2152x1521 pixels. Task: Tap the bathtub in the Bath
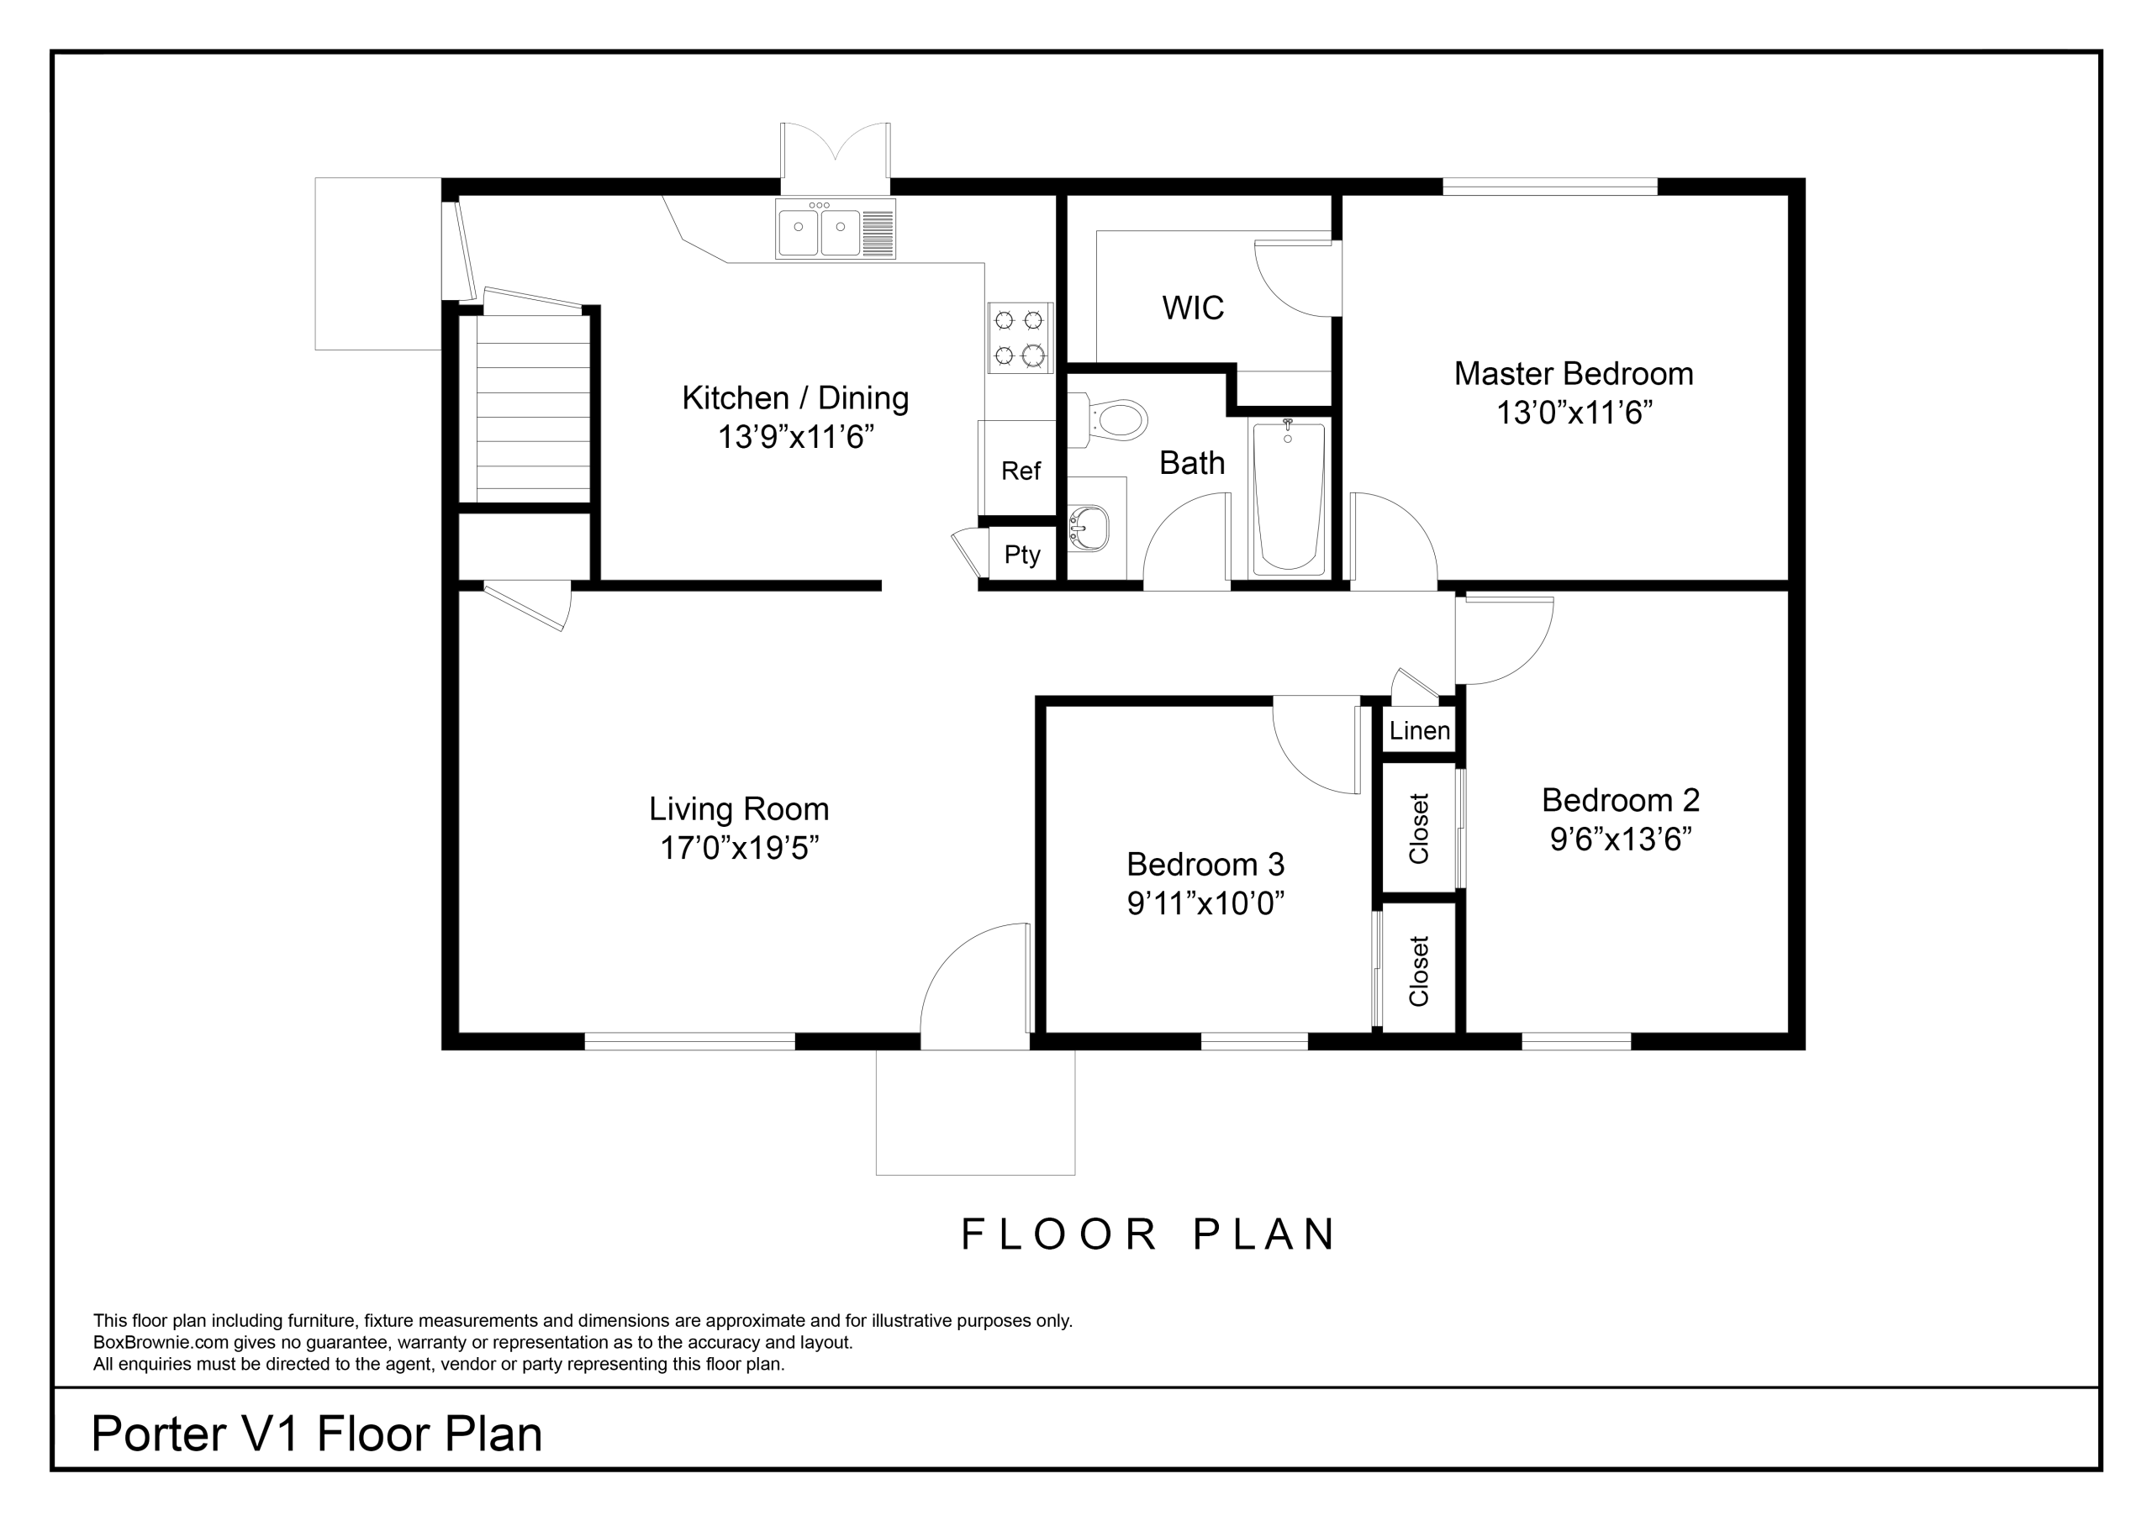point(1289,497)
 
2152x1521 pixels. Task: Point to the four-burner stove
point(1020,337)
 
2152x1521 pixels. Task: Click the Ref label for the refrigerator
point(1021,471)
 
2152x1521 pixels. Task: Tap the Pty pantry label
point(1021,555)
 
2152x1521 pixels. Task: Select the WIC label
point(1193,308)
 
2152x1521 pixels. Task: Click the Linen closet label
point(1420,730)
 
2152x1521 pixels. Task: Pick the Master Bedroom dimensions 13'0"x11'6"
point(1574,413)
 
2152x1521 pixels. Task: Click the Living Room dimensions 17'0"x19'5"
point(740,848)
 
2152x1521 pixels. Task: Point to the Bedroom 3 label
point(1205,863)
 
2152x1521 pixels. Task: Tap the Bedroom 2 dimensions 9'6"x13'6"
point(1621,839)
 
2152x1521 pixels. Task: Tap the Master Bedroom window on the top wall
point(1549,187)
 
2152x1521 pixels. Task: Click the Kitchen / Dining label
point(795,398)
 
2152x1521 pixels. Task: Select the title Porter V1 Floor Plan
point(317,1433)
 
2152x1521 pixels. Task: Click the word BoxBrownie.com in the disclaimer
point(161,1342)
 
